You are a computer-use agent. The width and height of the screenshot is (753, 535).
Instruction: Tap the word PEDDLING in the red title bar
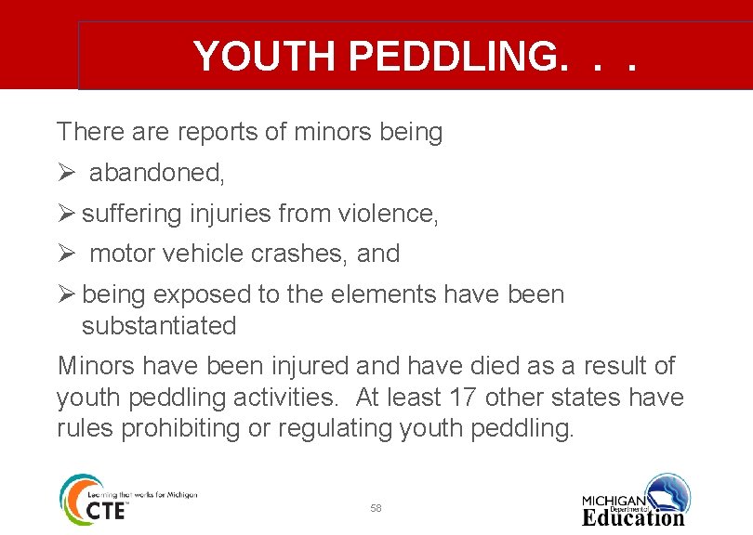pos(455,57)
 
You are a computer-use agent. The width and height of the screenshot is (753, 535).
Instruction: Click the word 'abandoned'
pos(156,174)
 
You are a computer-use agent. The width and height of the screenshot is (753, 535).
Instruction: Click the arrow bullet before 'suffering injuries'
pos(65,214)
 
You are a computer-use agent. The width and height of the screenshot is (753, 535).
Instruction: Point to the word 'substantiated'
pos(159,326)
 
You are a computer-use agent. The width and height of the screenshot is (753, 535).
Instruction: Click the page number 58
pos(376,508)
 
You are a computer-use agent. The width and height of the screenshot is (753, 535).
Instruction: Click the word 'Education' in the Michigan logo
pos(633,516)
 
